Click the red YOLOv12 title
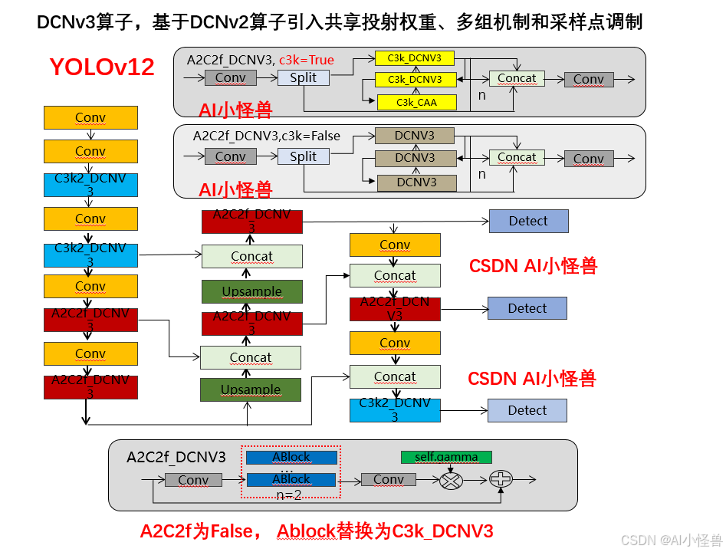[x=102, y=67]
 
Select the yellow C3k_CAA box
[x=416, y=102]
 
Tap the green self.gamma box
[x=446, y=457]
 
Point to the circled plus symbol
[x=501, y=480]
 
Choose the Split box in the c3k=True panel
[x=303, y=77]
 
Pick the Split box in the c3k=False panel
[x=303, y=156]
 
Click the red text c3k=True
[x=307, y=59]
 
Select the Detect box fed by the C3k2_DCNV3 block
[x=527, y=410]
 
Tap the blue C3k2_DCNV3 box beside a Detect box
[x=395, y=410]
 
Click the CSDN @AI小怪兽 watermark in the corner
[x=671, y=540]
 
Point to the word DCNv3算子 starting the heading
[x=74, y=23]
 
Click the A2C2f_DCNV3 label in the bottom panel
[x=176, y=458]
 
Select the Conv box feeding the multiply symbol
[x=388, y=480]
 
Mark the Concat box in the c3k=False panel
[x=517, y=157]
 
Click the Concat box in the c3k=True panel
[x=517, y=78]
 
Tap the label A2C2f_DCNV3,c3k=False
[x=266, y=136]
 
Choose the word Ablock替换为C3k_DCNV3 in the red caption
[x=385, y=531]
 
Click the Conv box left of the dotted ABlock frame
[x=193, y=480]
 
